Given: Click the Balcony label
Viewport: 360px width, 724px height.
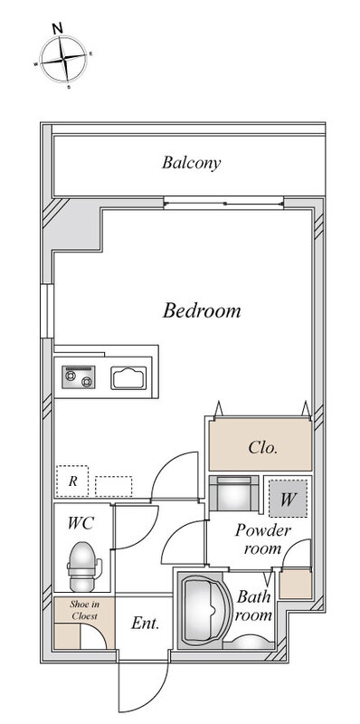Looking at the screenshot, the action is click(x=191, y=163).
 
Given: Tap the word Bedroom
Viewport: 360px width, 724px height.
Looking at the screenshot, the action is click(x=202, y=310).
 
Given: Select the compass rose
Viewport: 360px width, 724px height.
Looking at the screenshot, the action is click(x=63, y=59).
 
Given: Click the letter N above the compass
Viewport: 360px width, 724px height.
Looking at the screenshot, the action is click(x=58, y=28).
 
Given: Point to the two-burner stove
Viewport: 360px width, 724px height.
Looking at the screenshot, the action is click(x=79, y=377).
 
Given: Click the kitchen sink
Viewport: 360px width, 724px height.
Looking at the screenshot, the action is click(x=128, y=377).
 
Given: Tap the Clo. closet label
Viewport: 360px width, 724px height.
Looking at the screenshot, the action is click(x=262, y=447).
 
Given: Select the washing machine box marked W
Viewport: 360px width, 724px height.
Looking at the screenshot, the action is click(x=288, y=499).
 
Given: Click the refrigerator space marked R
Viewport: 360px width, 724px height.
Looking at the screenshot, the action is click(x=72, y=481).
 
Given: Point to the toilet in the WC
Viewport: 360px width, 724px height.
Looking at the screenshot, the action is click(x=83, y=566).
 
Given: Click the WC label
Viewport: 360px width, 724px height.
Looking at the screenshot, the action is click(x=81, y=523).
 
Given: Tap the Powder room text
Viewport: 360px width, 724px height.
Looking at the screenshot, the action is click(x=262, y=538).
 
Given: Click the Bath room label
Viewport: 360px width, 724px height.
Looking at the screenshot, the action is click(x=254, y=605).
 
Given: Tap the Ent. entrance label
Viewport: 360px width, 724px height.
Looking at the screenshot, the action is click(x=145, y=624).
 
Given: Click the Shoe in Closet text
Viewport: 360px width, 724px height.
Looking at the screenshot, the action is click(x=84, y=609).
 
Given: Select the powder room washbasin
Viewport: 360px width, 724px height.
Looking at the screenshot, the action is click(x=234, y=493).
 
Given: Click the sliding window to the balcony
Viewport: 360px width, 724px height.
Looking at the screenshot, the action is click(x=223, y=203).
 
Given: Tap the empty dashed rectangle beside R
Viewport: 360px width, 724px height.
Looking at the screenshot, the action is click(x=114, y=486).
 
